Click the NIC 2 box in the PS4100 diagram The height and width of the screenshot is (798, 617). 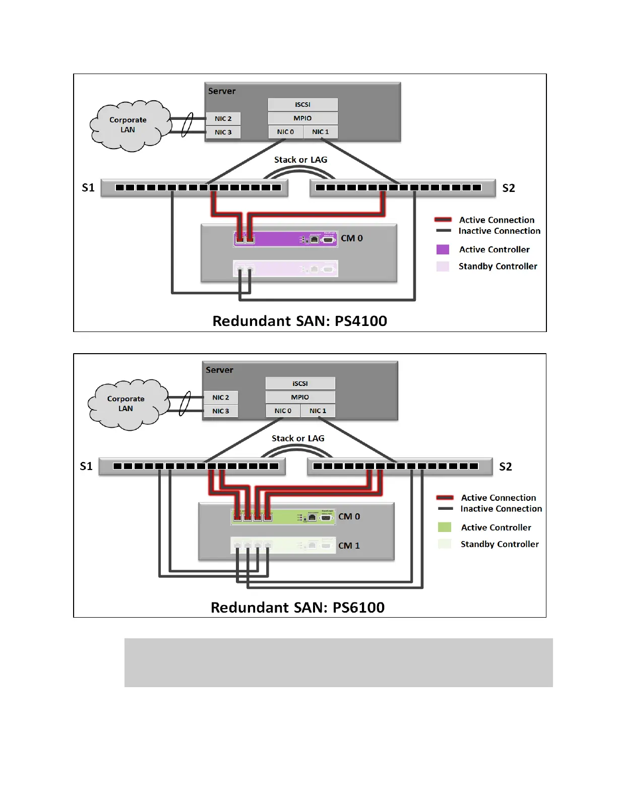click(223, 119)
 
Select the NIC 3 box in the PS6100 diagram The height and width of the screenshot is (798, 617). click(221, 411)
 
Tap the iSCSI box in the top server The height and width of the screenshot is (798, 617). click(302, 105)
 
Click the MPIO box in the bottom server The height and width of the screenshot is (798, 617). click(300, 397)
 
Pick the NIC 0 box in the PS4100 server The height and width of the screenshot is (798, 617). click(285, 132)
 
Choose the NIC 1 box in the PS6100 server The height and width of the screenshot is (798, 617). click(318, 411)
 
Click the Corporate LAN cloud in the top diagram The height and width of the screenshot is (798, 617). click(128, 125)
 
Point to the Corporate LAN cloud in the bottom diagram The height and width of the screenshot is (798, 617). click(126, 404)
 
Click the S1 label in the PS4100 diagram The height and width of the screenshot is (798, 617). click(88, 188)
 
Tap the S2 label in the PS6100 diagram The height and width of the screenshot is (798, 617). click(506, 467)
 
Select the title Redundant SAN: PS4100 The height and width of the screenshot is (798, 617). click(300, 321)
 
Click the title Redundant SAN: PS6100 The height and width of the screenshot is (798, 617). click(297, 608)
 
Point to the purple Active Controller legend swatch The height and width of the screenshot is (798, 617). click(443, 249)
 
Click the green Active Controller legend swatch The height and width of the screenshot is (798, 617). click(445, 527)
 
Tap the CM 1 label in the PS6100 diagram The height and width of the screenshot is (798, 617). click(349, 546)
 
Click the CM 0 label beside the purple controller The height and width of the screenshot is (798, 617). click(352, 238)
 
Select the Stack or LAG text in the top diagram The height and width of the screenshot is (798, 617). click(300, 160)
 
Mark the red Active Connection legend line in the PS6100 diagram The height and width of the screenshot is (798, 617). click(445, 498)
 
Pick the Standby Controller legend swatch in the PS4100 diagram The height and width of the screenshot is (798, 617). click(443, 267)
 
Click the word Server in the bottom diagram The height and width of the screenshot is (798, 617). click(219, 370)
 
